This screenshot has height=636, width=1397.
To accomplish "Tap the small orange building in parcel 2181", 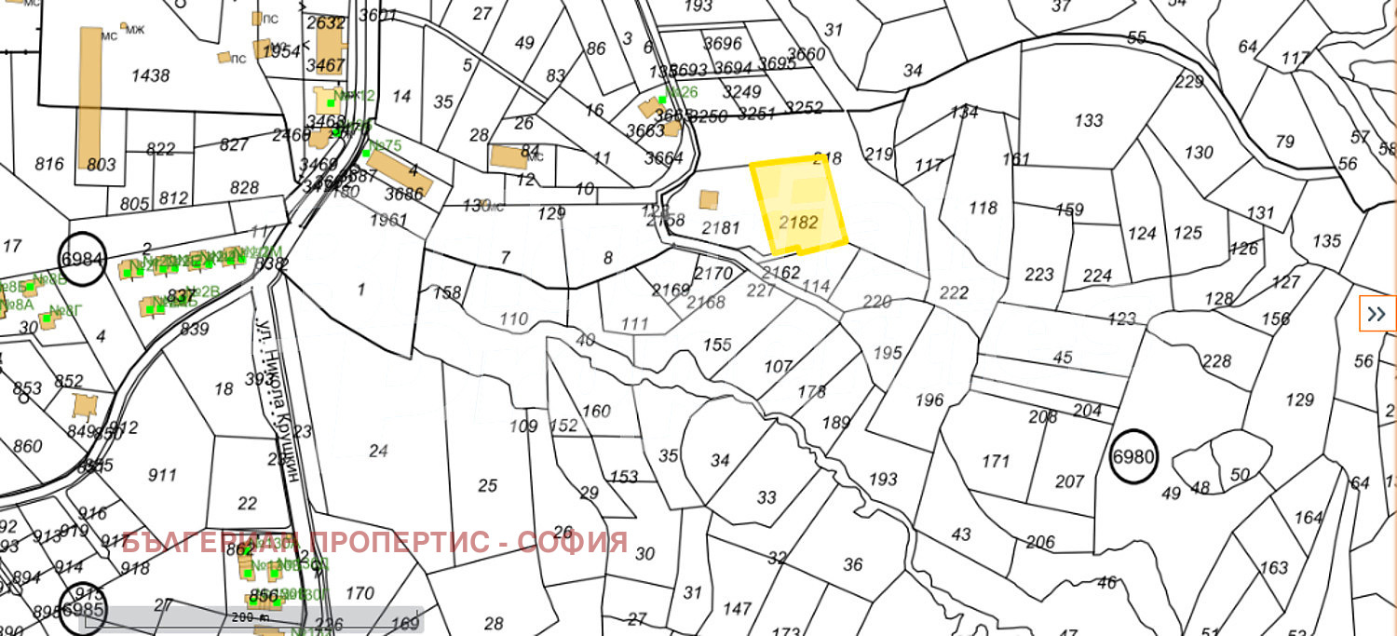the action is point(709,200).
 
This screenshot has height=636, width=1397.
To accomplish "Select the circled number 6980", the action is point(1133,457).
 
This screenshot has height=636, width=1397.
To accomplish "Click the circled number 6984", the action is point(81,257).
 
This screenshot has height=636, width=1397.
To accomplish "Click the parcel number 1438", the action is point(150,75).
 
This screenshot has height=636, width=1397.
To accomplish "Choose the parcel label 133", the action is point(1088,120).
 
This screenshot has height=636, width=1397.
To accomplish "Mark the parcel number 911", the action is point(162,475).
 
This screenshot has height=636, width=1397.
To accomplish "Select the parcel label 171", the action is point(996,461).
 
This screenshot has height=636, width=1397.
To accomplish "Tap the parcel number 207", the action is point(1070,481).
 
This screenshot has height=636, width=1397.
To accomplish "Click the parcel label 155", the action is point(717,345).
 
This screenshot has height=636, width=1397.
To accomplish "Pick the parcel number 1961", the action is point(387,221).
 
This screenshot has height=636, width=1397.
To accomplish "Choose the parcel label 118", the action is point(983,208).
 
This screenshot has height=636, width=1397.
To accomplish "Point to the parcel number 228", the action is point(1216,361).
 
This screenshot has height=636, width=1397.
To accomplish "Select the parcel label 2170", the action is point(713,274).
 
